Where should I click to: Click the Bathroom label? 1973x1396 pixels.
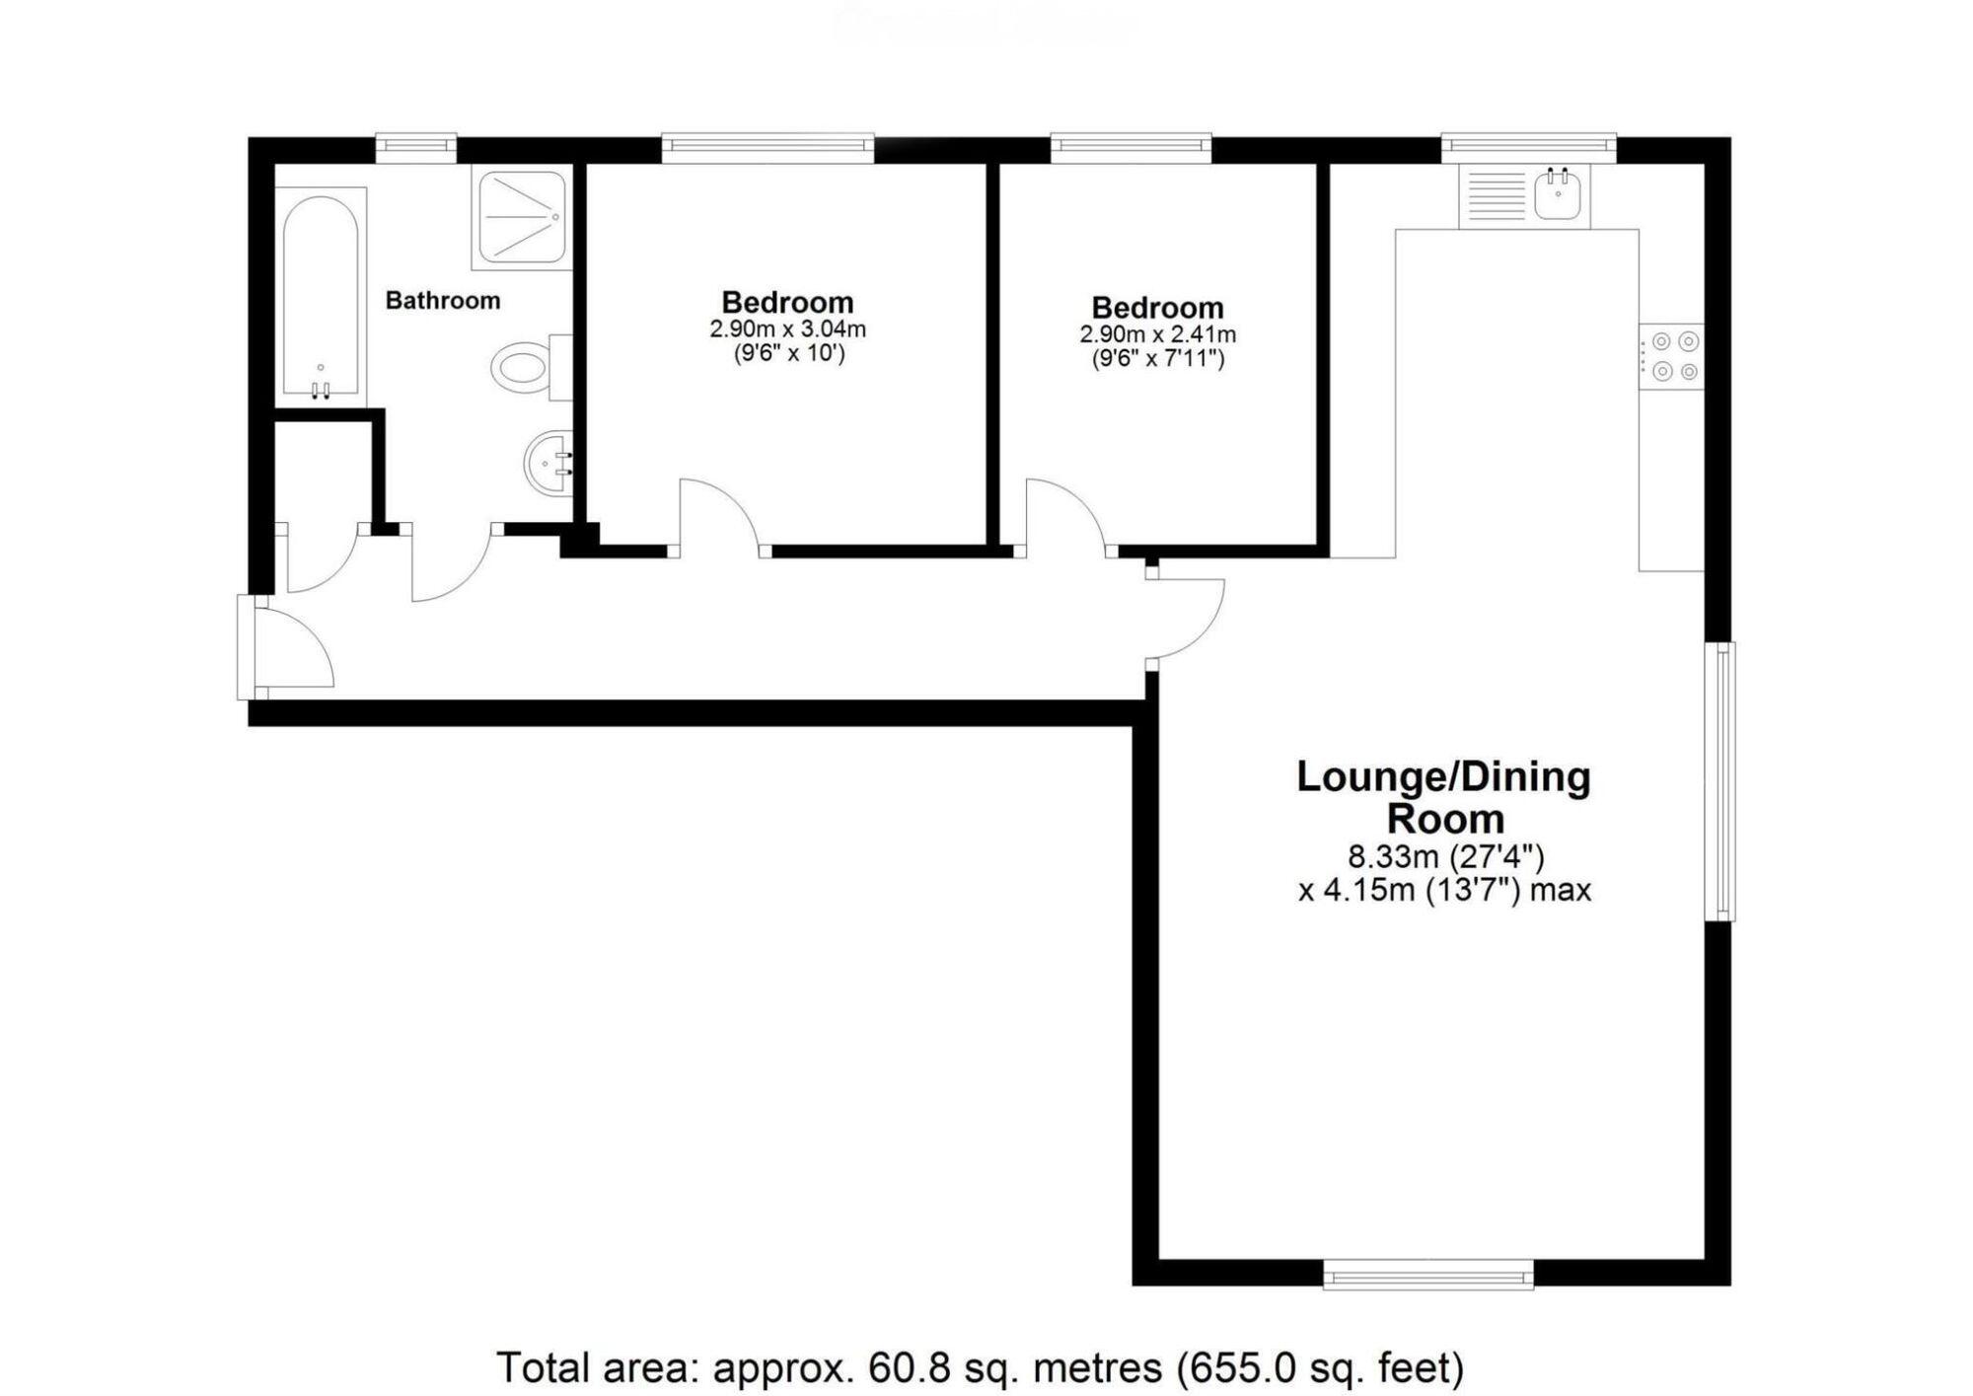[442, 300]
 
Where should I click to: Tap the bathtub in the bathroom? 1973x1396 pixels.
[320, 296]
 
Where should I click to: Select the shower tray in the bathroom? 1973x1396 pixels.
[521, 217]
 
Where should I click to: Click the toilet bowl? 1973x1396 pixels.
[520, 368]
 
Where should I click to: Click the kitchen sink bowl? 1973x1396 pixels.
[1560, 194]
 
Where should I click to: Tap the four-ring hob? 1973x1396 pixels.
[1673, 356]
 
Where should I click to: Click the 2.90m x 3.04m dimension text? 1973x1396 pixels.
[787, 330]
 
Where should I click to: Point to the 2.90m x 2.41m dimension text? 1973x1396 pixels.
[1157, 334]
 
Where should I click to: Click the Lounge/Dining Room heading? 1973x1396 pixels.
[1443, 797]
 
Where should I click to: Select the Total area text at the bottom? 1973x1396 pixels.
[980, 1367]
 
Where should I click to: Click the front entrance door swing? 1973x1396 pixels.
[294, 647]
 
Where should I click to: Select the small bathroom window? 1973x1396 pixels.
[415, 148]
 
